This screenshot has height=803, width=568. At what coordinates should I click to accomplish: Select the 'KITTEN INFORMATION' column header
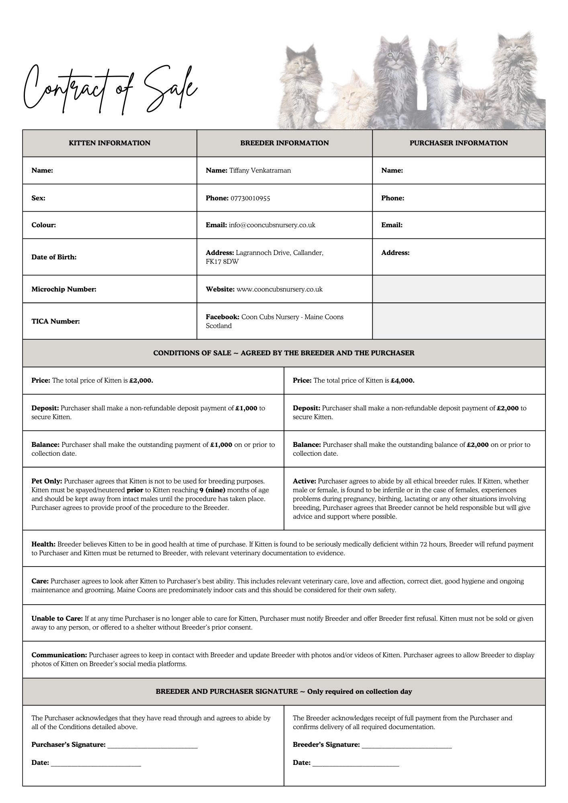pos(110,143)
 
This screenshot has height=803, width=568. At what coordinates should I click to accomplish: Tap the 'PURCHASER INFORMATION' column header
pos(459,143)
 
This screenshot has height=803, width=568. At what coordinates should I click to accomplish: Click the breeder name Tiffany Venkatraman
pos(260,170)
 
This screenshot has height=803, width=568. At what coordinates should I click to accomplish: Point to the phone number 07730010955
pos(250,198)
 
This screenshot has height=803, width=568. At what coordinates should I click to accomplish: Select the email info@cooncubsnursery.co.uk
pos(272,225)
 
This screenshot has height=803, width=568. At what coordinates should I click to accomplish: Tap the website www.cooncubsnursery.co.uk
pos(280,289)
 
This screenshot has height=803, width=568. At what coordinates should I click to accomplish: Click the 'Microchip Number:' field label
pos(64,289)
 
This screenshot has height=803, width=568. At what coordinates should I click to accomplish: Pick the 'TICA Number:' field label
pos(55,321)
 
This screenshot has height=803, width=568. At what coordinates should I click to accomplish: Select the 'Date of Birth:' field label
pos(54,257)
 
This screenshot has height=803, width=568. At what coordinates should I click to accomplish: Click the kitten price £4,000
pos(403,380)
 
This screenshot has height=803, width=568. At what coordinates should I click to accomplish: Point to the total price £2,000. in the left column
pos(141,380)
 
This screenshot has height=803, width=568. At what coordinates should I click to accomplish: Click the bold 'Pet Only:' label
pos(47,481)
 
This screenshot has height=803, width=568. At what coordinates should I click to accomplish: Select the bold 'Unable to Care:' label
pos(57,618)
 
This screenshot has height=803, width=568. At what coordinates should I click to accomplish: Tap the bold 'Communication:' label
pos(59,655)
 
